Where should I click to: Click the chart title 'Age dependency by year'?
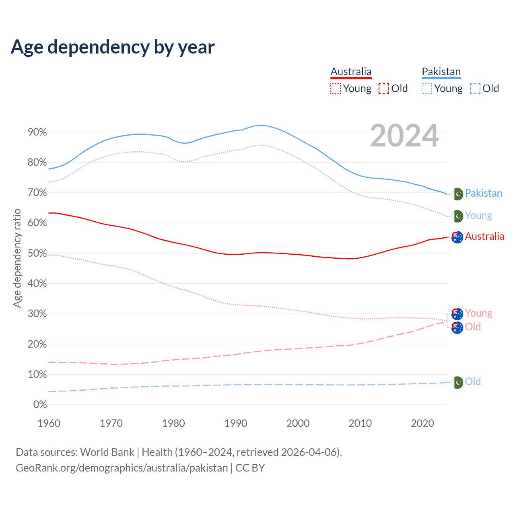113,47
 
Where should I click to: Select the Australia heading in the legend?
351,72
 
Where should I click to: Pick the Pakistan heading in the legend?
441,72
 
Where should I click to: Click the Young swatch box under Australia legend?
335,89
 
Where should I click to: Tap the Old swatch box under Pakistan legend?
475,89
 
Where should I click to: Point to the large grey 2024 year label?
404,136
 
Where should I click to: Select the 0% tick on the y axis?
40,405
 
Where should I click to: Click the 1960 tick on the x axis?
49,423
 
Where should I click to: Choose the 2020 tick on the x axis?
422,423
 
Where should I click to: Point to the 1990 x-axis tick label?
236,423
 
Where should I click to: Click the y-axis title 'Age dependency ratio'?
17,258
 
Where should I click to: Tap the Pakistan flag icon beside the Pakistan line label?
457,194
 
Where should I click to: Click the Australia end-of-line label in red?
484,237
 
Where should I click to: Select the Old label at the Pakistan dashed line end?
473,381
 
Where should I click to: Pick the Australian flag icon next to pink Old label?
457,328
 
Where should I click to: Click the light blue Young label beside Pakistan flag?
478,216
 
